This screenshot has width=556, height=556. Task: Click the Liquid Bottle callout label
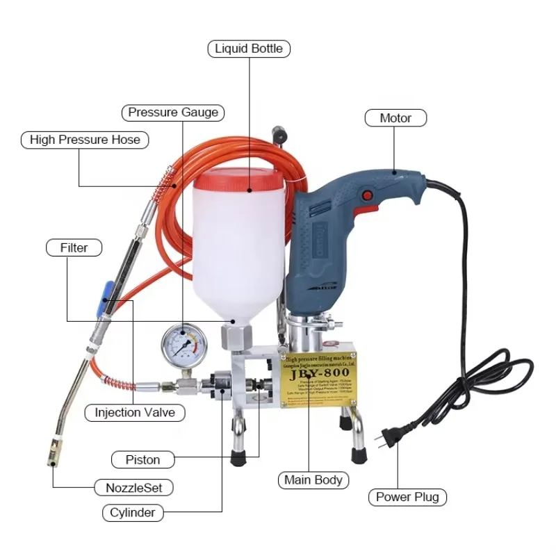(x=249, y=49)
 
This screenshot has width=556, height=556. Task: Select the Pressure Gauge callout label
(x=173, y=112)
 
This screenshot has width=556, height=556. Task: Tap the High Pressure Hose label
(x=85, y=140)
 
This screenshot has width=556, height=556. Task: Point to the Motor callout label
(x=395, y=118)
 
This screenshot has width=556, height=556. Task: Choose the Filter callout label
(x=74, y=247)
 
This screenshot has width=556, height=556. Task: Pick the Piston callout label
(x=142, y=459)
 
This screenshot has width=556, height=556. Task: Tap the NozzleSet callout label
(x=133, y=488)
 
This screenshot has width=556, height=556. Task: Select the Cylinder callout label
(x=133, y=514)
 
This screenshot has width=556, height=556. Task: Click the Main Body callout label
(x=313, y=480)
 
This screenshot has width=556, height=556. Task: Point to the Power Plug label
(x=407, y=497)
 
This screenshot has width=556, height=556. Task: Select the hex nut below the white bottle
(x=234, y=338)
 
